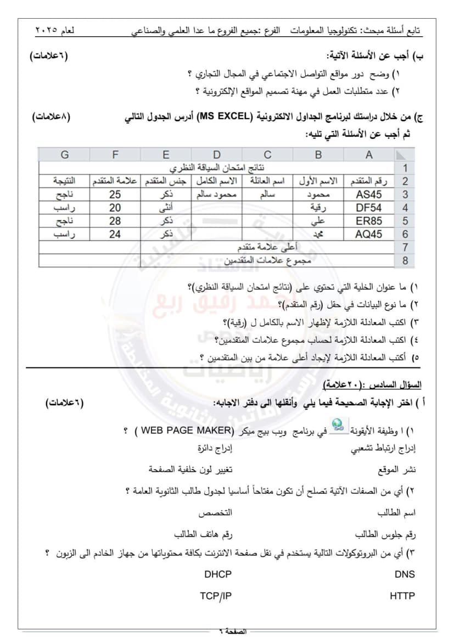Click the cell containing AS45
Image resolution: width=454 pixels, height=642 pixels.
[369, 194]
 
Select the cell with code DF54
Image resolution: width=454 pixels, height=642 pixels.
[369, 208]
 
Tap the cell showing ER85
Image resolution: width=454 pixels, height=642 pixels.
[369, 221]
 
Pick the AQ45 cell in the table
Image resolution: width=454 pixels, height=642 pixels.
[369, 235]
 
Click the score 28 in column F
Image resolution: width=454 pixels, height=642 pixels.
[115, 221]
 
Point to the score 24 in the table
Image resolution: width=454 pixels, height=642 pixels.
[115, 235]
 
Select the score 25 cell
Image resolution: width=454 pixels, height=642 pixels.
[115, 194]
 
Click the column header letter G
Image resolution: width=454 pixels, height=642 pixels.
[65, 155]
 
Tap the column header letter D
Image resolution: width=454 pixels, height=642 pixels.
[217, 155]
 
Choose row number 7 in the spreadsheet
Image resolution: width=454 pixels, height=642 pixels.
[405, 248]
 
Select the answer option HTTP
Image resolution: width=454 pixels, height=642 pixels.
[402, 596]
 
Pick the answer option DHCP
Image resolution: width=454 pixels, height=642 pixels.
[218, 574]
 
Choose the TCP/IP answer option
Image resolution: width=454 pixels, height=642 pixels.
[216, 596]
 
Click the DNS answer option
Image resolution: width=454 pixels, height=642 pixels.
[405, 574]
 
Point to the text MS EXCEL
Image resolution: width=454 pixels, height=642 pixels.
[226, 117]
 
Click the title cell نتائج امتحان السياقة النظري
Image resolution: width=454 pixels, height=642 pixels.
[217, 168]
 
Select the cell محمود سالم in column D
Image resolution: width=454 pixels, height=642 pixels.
[217, 194]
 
